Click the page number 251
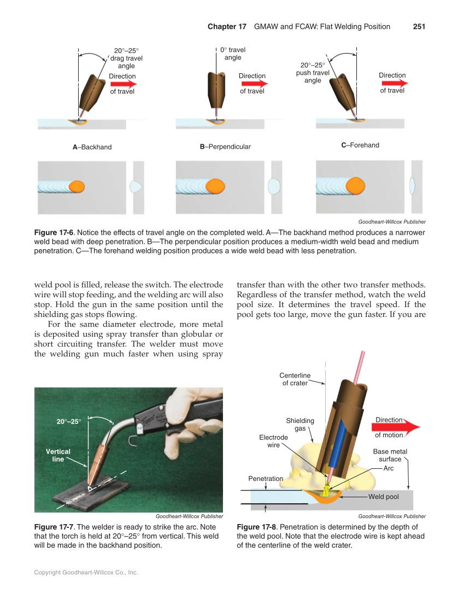coord(419,26)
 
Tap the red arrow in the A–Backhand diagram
coord(123,84)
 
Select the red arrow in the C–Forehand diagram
coord(395,83)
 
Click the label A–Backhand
coord(92,147)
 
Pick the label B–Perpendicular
coord(225,147)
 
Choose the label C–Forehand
coord(360,145)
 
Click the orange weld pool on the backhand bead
coord(77,186)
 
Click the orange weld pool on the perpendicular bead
coord(216,186)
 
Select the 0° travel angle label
coord(232,54)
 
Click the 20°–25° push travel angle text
coord(313,72)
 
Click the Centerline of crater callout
coord(295,379)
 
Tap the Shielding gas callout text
coord(300,425)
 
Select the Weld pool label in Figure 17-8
coord(383,497)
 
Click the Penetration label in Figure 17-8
coord(266,479)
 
